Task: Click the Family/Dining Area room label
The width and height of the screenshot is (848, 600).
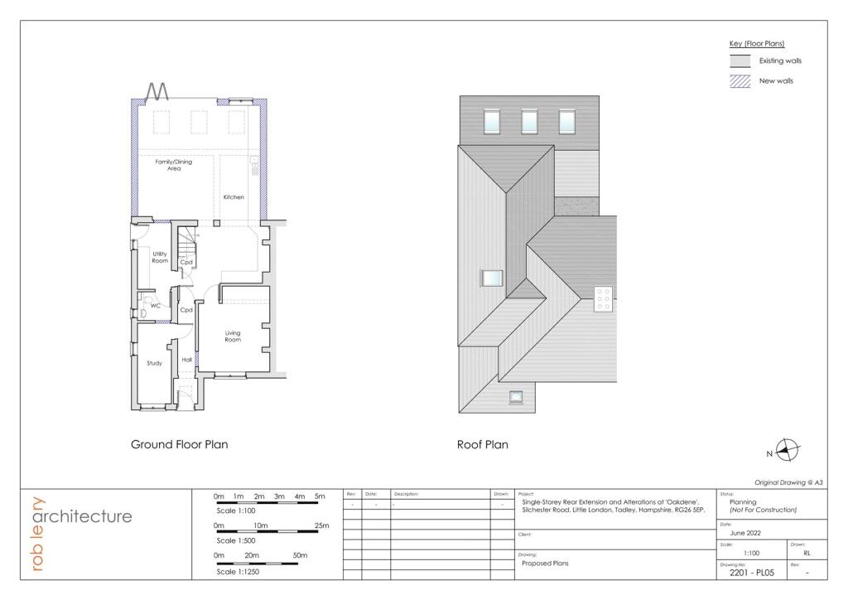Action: pos(173,165)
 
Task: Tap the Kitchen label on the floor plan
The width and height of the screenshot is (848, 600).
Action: pos(234,197)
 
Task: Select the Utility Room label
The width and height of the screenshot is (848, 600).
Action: pos(160,257)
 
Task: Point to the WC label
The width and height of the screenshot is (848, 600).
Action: pos(155,305)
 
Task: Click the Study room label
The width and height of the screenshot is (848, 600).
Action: pos(154,363)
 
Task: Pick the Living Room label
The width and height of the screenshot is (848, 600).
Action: pos(233,336)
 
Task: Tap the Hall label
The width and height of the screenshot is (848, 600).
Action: pos(186,360)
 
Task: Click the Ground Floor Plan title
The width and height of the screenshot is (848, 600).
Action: pos(179,444)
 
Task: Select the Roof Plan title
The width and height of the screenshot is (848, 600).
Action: pos(482,445)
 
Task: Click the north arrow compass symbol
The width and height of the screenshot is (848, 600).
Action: pos(788,450)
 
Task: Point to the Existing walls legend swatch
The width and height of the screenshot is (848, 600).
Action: pos(740,61)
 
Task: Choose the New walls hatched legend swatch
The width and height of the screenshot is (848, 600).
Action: pos(740,81)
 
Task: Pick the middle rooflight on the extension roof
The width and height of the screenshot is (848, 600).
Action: pos(529,122)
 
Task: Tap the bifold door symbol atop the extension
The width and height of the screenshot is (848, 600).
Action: pos(158,91)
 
